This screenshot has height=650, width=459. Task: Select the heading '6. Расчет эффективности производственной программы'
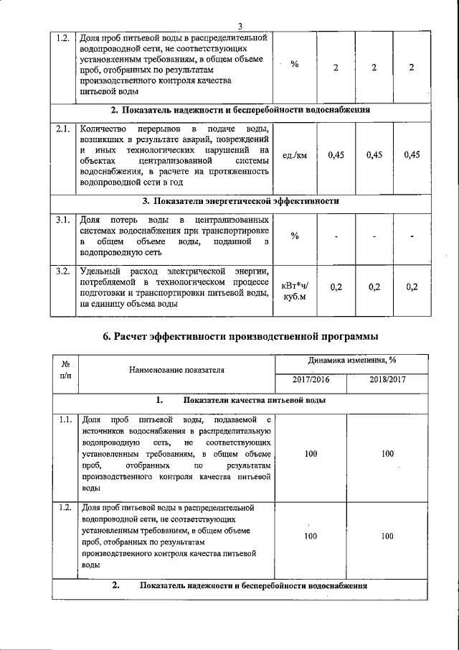pyautogui.click(x=240, y=338)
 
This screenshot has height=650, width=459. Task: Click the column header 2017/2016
pyautogui.click(x=311, y=379)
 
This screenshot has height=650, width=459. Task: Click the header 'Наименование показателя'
pyautogui.click(x=176, y=370)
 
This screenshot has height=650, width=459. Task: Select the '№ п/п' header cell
pyautogui.click(x=66, y=369)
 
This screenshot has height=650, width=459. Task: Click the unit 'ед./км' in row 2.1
pyautogui.click(x=295, y=155)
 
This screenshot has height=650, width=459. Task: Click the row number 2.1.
pyautogui.click(x=63, y=129)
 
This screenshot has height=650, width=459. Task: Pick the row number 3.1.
pyautogui.click(x=63, y=219)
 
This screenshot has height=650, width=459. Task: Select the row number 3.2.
pyautogui.click(x=63, y=271)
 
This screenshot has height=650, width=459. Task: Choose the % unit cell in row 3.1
pyautogui.click(x=295, y=236)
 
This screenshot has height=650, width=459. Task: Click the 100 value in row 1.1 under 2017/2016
pyautogui.click(x=311, y=454)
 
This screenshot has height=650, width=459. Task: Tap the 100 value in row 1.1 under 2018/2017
pyautogui.click(x=387, y=454)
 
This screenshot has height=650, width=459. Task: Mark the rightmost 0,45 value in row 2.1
pyautogui.click(x=412, y=155)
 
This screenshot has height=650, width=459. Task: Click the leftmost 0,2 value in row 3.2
pyautogui.click(x=336, y=287)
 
